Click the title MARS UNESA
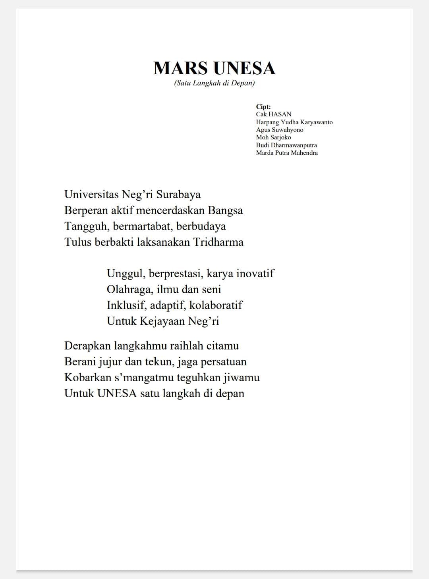(x=214, y=68)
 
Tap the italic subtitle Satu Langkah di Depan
(x=214, y=83)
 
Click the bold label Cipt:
(x=263, y=106)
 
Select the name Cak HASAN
(x=274, y=114)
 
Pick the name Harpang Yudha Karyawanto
(x=294, y=122)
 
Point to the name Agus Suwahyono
(x=280, y=129)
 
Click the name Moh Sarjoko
(x=273, y=137)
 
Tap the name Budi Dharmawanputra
(x=286, y=145)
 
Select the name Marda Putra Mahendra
(x=287, y=152)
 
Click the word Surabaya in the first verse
(x=178, y=195)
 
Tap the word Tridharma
(x=218, y=242)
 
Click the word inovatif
(x=255, y=274)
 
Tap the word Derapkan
(x=87, y=346)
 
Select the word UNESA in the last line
(x=117, y=394)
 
